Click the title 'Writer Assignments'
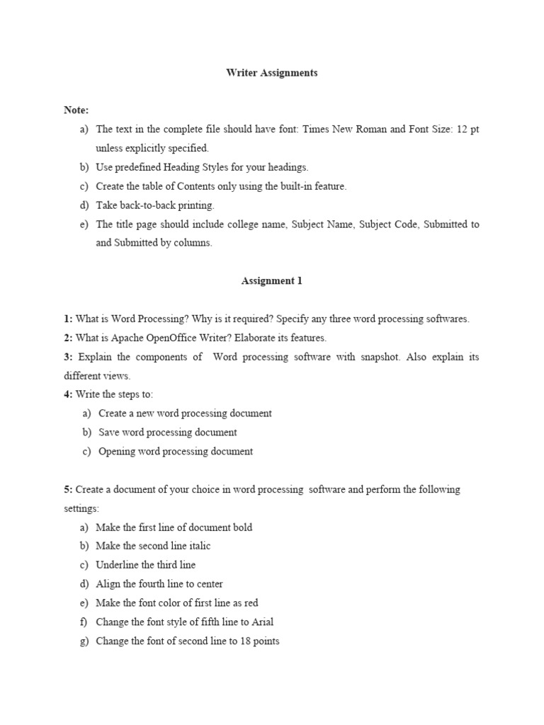[x=272, y=73]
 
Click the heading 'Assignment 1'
[x=272, y=281]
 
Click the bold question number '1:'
[x=68, y=319]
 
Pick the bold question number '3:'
[x=68, y=357]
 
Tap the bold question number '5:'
[x=68, y=489]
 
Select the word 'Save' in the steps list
[x=108, y=433]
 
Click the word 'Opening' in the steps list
[x=117, y=452]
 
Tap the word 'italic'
[x=198, y=546]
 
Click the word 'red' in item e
[x=250, y=603]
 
